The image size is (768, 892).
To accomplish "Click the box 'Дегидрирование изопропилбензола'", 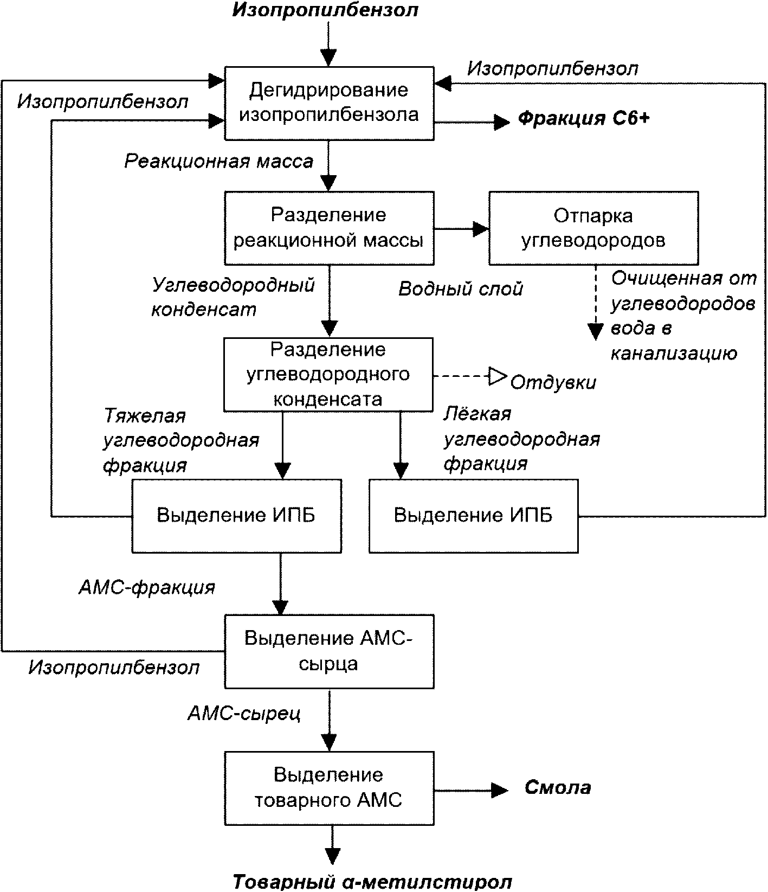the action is coord(330,104).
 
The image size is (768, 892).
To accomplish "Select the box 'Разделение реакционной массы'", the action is coord(330,228).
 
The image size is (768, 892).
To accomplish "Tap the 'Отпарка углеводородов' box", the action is coord(593,228).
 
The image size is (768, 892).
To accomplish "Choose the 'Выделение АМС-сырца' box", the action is coord(330,651).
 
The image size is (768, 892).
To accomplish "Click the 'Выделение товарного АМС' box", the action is coord(330,788).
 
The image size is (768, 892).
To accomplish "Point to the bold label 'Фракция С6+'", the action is coord(583,119).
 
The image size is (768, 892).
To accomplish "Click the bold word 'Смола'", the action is coord(558,787).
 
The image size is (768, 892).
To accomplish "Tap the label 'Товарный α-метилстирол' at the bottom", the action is coord(372,882).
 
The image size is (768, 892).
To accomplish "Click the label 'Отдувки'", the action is coord(553,382).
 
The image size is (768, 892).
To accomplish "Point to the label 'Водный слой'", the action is coord(461,289).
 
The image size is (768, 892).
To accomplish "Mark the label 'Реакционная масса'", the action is coord(219,161).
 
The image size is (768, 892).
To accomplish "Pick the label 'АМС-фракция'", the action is coord(147,587).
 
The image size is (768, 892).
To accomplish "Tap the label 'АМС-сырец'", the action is coord(244,713).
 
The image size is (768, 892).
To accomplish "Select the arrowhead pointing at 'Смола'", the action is coord(500,790).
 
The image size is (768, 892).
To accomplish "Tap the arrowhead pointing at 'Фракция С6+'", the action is coord(502,123).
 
